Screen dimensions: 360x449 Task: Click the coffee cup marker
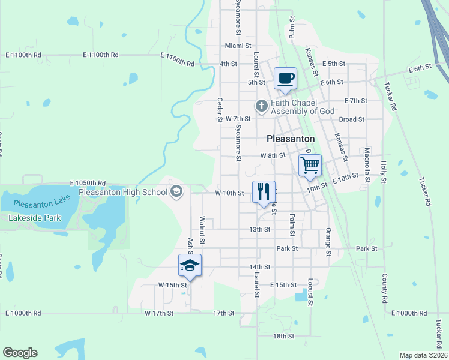coord(286,77)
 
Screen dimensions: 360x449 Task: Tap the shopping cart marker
coord(310,164)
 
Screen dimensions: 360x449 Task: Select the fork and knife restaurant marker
coord(264,191)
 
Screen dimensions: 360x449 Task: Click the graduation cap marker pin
coord(190,265)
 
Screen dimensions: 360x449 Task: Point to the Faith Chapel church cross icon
coord(261,106)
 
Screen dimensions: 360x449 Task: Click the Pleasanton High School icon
coord(176,192)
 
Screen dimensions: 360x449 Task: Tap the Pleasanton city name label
coord(291,138)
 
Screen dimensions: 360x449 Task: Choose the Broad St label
coord(352,119)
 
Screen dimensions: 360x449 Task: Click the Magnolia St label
coord(367,164)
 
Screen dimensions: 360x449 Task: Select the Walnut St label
coord(202,230)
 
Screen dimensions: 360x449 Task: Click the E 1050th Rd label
coord(88,182)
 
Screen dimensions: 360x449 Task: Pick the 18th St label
coord(283,337)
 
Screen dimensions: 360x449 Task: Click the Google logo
coord(20,353)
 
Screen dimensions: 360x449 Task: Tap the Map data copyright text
coord(424,355)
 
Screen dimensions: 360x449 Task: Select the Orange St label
coord(328,242)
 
